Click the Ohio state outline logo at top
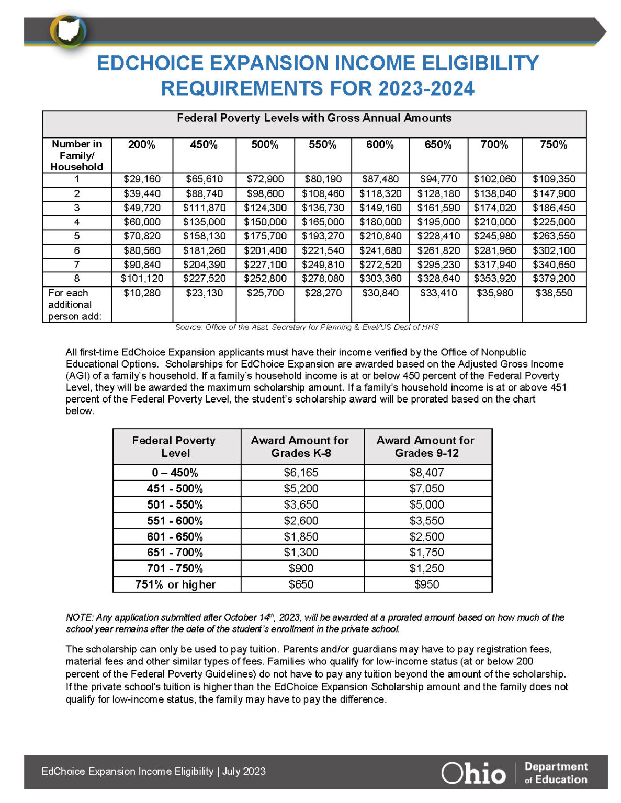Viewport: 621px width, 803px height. (x=69, y=32)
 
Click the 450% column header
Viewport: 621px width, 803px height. (x=204, y=145)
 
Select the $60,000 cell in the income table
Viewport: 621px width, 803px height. (x=142, y=222)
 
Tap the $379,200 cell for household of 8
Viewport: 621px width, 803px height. (x=554, y=279)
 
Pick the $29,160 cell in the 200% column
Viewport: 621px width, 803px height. (x=142, y=179)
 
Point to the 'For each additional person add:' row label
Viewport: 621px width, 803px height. (x=75, y=304)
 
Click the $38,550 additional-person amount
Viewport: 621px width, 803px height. (x=554, y=293)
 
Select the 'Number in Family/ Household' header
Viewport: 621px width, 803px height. (x=77, y=155)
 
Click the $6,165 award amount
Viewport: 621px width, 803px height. (x=301, y=473)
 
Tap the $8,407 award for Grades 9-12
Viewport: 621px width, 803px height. (x=426, y=473)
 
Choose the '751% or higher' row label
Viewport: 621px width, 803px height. (x=175, y=584)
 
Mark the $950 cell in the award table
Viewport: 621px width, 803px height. (x=426, y=584)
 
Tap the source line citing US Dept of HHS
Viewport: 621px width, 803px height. (x=307, y=327)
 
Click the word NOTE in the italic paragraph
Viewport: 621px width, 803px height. (x=79, y=617)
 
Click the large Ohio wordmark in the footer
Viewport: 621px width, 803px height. (x=473, y=773)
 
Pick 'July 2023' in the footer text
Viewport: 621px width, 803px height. (x=244, y=772)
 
